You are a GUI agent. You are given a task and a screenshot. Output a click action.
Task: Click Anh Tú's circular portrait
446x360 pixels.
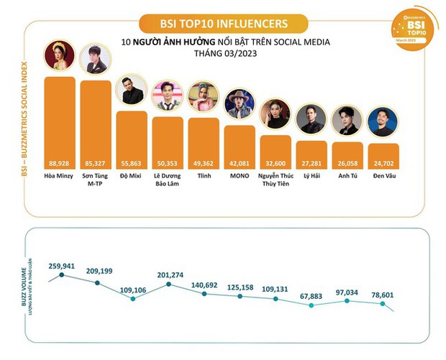347,120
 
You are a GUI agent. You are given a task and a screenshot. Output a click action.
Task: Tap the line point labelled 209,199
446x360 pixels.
96,282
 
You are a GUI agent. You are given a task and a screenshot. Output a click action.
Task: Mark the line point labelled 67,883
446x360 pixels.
311,305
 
